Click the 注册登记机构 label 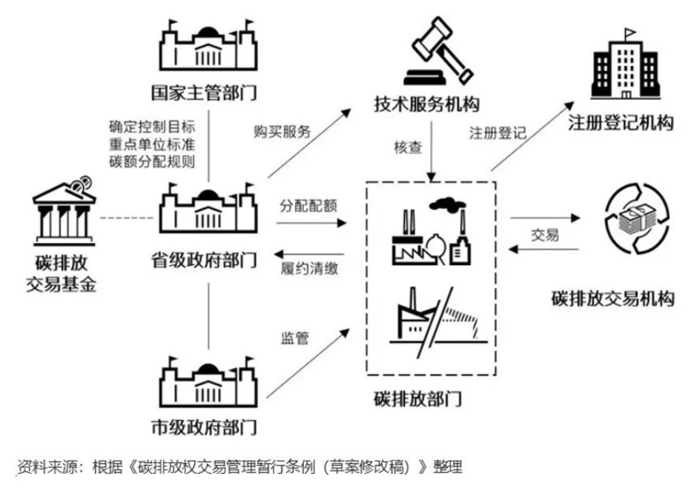click(621, 123)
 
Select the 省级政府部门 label click(208, 261)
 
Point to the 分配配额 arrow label click(309, 205)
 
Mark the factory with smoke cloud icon click(433, 229)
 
